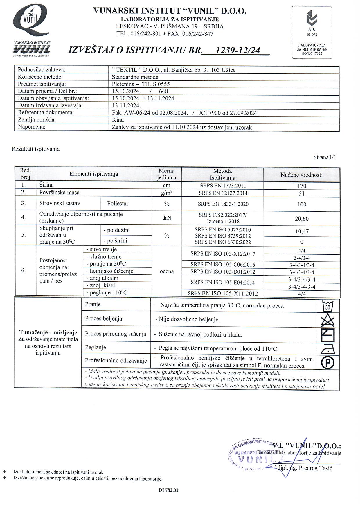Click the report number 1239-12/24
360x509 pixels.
tap(237, 50)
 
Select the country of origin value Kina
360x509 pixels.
tap(118, 120)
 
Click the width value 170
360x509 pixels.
tap(302, 186)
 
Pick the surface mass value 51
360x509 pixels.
tap(302, 193)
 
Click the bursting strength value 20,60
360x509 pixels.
tap(302, 219)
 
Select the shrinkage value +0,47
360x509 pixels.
tap(302, 231)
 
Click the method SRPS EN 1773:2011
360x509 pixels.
tap(223, 186)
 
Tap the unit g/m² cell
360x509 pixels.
tap(167, 193)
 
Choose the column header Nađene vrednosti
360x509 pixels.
tap(302, 175)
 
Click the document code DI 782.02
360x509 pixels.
tap(169, 490)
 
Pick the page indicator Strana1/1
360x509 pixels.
tap(325, 157)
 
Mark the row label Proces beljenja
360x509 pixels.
tap(104, 319)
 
